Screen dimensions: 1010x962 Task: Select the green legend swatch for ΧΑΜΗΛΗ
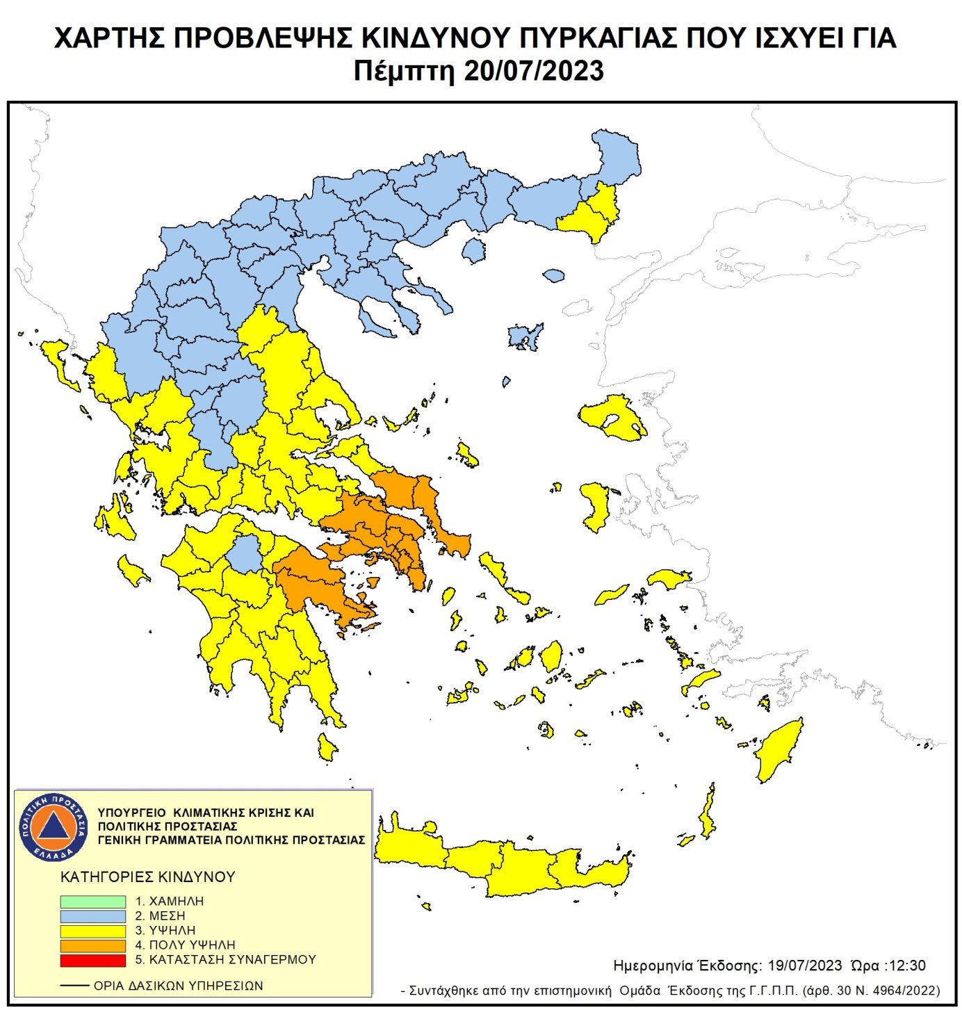coord(92,902)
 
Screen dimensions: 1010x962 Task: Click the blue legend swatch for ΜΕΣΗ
coord(92,916)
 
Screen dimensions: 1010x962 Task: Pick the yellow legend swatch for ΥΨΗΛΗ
coord(92,931)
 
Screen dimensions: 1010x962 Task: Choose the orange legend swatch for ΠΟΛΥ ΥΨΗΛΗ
coord(92,945)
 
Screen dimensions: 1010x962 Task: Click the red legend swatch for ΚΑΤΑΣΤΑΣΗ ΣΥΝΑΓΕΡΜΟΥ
coord(92,960)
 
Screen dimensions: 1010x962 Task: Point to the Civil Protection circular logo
coord(54,826)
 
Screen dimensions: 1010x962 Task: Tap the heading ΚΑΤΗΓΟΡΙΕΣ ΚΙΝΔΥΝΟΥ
coord(148,877)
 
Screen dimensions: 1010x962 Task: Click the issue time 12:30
coord(907,966)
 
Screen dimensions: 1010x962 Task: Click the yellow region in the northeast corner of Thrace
coord(594,212)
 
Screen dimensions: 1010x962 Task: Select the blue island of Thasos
coord(474,250)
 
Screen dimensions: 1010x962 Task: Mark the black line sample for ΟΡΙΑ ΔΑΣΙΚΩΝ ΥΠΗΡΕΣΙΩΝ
coord(74,986)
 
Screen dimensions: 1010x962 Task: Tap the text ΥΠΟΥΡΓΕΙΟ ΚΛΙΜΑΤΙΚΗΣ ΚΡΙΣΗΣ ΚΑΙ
coord(206,812)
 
